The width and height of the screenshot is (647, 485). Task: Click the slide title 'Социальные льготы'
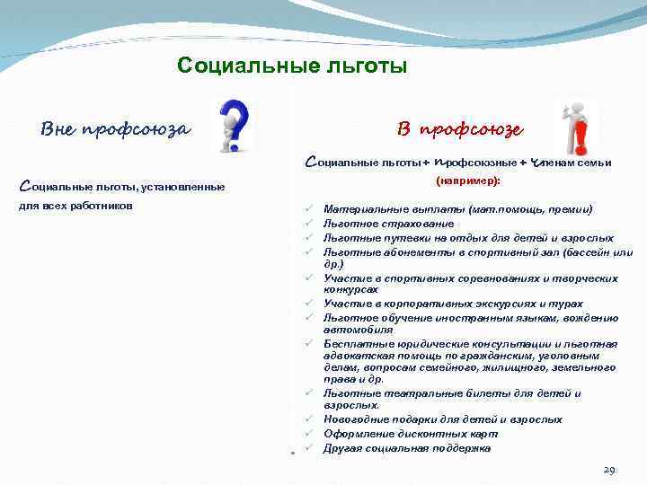point(292,66)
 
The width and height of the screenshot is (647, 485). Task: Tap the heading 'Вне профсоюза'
point(116,128)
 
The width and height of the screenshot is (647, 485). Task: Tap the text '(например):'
point(467,180)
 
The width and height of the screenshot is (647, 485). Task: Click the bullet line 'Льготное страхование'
point(377,224)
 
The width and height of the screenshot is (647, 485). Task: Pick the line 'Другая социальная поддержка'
point(406,447)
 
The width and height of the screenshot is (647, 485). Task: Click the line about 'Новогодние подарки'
point(442,419)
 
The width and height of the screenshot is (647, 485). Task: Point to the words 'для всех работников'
point(76,206)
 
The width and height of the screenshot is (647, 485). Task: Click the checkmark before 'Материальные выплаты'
point(307,209)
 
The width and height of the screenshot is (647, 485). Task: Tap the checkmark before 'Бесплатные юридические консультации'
point(307,343)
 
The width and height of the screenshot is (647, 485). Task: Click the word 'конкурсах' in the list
point(350,289)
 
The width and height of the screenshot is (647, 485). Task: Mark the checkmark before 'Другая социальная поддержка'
point(307,447)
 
